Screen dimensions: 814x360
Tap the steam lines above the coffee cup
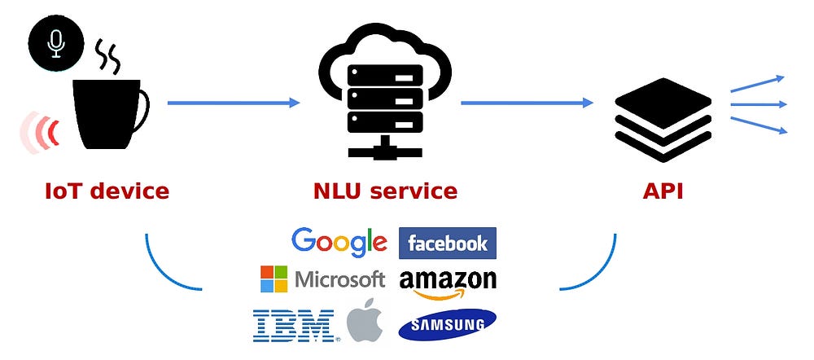tap(108, 57)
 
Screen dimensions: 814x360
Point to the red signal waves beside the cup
tap(39, 132)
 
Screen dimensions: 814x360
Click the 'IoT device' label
tap(107, 191)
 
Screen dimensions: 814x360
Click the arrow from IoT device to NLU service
tap(234, 103)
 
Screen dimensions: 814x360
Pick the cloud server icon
tap(385, 91)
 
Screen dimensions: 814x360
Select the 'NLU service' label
tap(385, 191)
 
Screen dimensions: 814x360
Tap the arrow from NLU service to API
tap(527, 103)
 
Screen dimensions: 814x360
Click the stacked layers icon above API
tap(663, 119)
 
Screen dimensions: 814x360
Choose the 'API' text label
tap(663, 191)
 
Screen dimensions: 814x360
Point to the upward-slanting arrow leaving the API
tap(757, 84)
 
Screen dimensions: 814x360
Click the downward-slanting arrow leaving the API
tap(759, 125)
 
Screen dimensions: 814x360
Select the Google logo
tap(339, 243)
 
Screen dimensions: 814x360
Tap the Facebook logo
tap(448, 243)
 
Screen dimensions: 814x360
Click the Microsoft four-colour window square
tap(274, 279)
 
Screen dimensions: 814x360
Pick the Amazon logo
tap(448, 283)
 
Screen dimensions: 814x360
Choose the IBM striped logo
tap(295, 326)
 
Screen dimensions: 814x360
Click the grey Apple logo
tap(365, 320)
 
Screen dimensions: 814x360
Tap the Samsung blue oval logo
tap(447, 325)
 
